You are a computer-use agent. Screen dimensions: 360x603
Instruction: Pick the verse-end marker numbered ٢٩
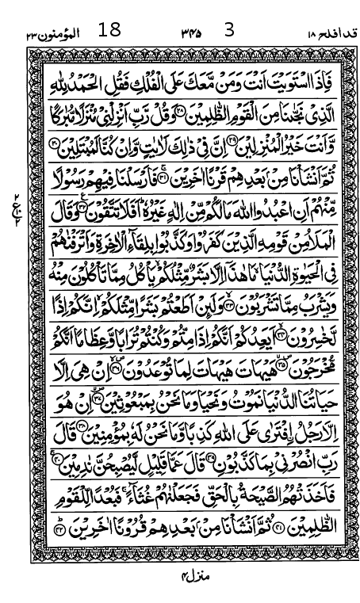pos(52,144)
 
